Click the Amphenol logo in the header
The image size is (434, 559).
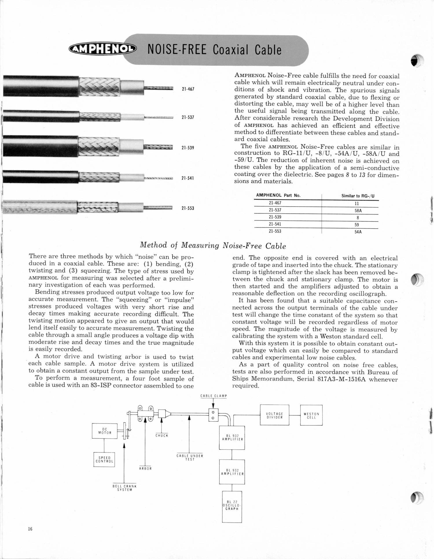[x=102, y=50]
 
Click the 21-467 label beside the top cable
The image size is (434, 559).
[x=188, y=89]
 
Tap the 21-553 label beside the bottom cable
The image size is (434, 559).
[x=188, y=208]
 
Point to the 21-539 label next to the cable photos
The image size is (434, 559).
[x=188, y=148]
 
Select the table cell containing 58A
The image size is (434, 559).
[x=358, y=211]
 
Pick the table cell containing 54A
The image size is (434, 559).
[x=358, y=232]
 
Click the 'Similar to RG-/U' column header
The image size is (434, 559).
[x=358, y=196]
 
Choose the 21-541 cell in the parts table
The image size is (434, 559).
[x=275, y=224]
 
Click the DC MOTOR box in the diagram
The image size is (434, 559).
[x=105, y=431]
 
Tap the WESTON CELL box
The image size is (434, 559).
[x=311, y=415]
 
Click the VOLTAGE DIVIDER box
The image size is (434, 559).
[x=274, y=415]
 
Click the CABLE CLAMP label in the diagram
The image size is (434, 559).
[x=214, y=396]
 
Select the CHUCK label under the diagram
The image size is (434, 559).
[x=162, y=435]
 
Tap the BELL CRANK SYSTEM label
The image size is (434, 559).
[x=124, y=488]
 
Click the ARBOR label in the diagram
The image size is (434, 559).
[x=145, y=468]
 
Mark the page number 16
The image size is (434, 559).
[x=30, y=529]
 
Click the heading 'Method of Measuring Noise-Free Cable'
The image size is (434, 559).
[x=213, y=245]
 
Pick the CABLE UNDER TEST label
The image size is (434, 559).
[x=190, y=457]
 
